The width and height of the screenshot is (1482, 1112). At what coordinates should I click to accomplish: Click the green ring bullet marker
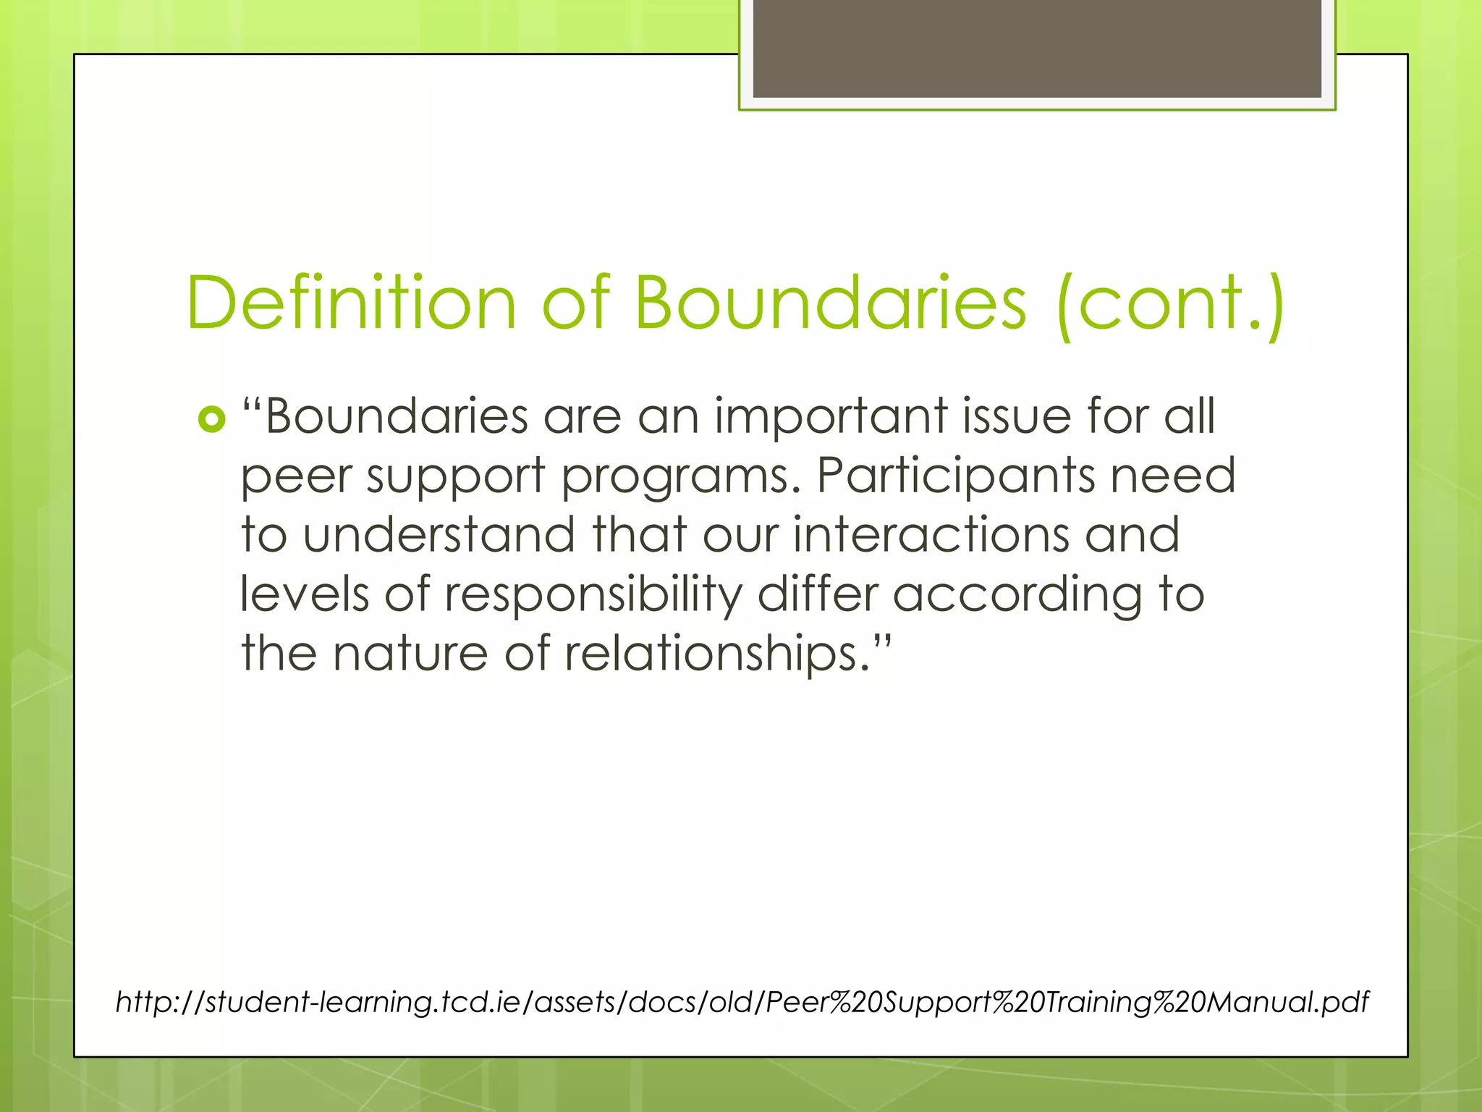[211, 419]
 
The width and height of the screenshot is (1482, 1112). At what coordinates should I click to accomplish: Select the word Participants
[955, 478]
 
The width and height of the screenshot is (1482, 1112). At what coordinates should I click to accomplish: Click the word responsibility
[593, 595]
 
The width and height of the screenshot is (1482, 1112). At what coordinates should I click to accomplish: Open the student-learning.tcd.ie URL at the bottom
[742, 1002]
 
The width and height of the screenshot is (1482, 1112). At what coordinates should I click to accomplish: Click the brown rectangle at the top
[1036, 48]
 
